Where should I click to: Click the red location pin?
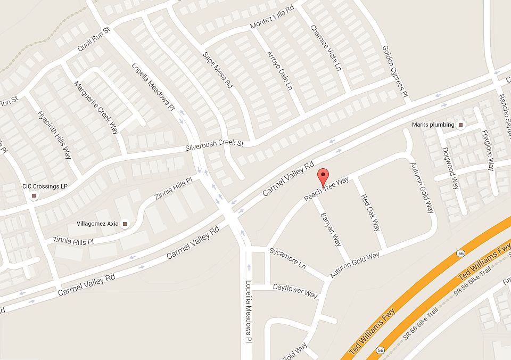coord(323,176)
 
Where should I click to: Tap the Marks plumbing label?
coord(433,125)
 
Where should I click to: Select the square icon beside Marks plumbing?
coord(461,125)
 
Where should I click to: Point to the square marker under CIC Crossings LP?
coord(34,196)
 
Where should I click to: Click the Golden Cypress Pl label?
coord(394,72)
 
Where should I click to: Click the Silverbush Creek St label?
coord(214,144)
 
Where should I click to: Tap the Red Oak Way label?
coord(370,213)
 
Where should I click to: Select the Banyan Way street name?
coord(331,230)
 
